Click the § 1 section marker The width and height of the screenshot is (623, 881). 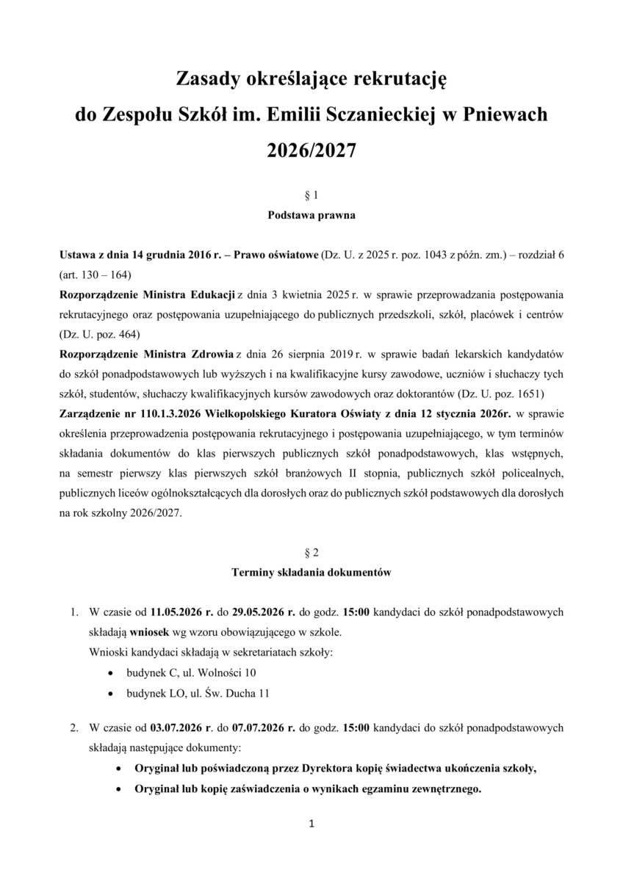click(x=311, y=196)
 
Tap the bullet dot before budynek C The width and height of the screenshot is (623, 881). click(x=110, y=672)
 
